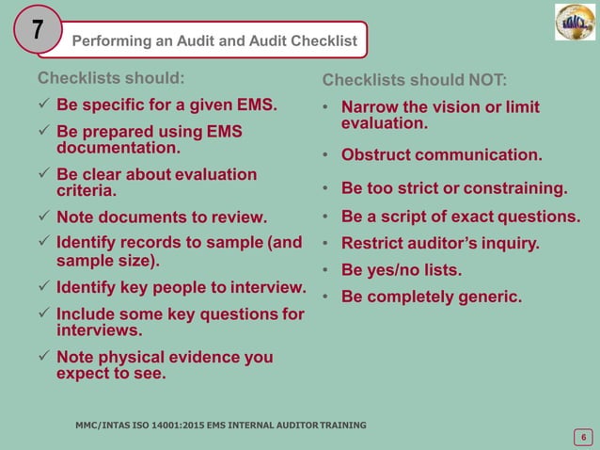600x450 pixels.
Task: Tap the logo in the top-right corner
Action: coord(575,23)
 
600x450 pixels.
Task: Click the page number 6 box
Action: coord(583,436)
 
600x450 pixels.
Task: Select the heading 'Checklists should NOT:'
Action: coord(415,80)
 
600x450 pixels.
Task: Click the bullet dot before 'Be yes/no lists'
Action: coord(324,271)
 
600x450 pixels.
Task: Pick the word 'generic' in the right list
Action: coord(488,297)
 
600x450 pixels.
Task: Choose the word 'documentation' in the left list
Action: coord(117,149)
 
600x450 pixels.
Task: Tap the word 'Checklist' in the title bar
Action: coord(323,40)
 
